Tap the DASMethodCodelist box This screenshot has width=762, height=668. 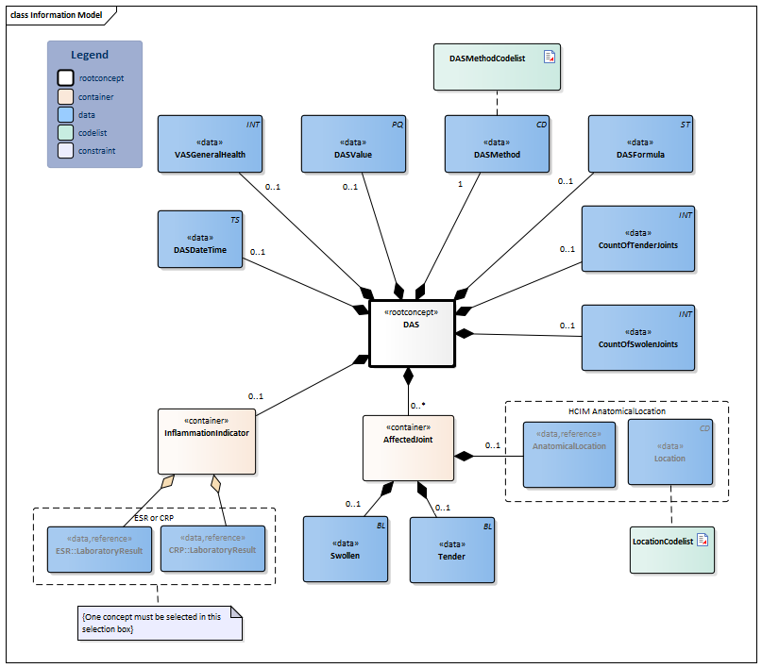click(497, 67)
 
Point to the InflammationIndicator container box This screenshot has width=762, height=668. click(206, 441)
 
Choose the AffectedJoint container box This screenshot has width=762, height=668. click(408, 445)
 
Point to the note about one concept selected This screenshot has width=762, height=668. click(159, 622)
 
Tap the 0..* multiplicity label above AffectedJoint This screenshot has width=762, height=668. click(418, 406)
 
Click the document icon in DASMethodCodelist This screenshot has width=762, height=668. click(549, 58)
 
